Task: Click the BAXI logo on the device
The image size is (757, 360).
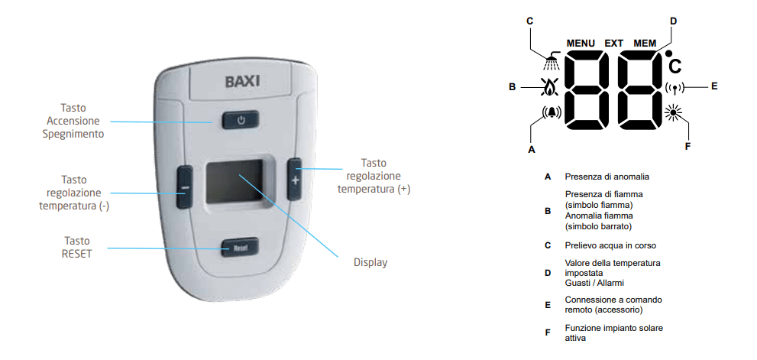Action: coord(242,81)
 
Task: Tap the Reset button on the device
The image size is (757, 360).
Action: coord(240,248)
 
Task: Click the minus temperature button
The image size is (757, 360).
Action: coord(184,186)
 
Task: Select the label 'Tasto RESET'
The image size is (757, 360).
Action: coord(76,247)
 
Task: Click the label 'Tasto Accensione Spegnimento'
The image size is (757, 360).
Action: coord(73,121)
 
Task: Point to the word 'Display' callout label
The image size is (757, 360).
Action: coord(370,262)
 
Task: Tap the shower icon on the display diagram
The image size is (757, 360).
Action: coord(552,61)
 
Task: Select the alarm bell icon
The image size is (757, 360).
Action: coord(552,112)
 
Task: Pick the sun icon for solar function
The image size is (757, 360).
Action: coord(671,112)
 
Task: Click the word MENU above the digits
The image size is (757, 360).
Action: coord(581,44)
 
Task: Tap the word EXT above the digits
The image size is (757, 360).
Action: coord(614,44)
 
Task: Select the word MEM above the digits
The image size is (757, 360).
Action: coord(645,44)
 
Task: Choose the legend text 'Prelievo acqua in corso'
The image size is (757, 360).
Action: coord(610,245)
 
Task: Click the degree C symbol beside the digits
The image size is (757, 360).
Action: coord(674,63)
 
